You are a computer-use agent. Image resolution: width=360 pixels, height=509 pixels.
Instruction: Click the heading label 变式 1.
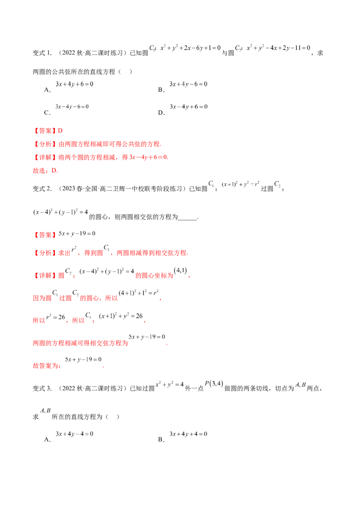pos(42,53)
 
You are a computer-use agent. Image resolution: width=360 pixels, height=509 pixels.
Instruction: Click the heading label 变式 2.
pos(42,188)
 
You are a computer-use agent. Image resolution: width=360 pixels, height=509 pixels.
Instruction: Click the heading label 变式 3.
pos(42,388)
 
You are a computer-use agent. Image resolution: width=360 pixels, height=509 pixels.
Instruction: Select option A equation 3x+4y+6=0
pos(74,84)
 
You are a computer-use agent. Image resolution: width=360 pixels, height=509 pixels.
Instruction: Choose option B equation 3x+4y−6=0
pos(189,84)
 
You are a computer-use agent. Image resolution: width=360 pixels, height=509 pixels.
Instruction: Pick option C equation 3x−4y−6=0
pos(72,107)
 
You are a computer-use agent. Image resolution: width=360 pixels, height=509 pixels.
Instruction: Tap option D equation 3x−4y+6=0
pos(189,107)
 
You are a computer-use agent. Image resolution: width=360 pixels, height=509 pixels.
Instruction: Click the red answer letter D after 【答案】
pos(60,131)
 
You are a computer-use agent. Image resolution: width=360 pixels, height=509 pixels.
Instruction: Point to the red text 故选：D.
pos(45,171)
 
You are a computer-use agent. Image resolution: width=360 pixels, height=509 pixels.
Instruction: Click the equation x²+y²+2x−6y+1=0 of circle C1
pos(190,48)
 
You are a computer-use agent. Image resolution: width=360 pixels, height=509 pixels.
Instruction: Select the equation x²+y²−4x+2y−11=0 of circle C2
pos(279,48)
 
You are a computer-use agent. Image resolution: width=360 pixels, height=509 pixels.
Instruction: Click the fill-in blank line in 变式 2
pos(188,220)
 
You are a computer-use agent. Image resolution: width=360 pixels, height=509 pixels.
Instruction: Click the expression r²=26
pos(55,317)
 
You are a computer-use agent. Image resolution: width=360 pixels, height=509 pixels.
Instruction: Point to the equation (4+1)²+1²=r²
pos(139,293)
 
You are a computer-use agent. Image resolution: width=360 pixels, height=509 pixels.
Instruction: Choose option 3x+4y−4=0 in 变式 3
pos(74,434)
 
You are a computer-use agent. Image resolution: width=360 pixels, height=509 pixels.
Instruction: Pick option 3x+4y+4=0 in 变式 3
pos(189,434)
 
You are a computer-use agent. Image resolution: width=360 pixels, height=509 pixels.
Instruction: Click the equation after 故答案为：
pos(83,359)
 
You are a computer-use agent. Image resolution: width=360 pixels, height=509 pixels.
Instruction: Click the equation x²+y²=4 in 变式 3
pos(170,384)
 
